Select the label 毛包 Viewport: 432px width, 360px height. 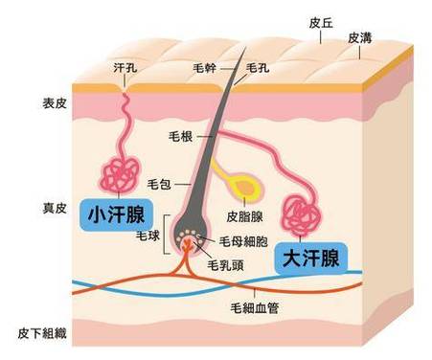tap(159, 182)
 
